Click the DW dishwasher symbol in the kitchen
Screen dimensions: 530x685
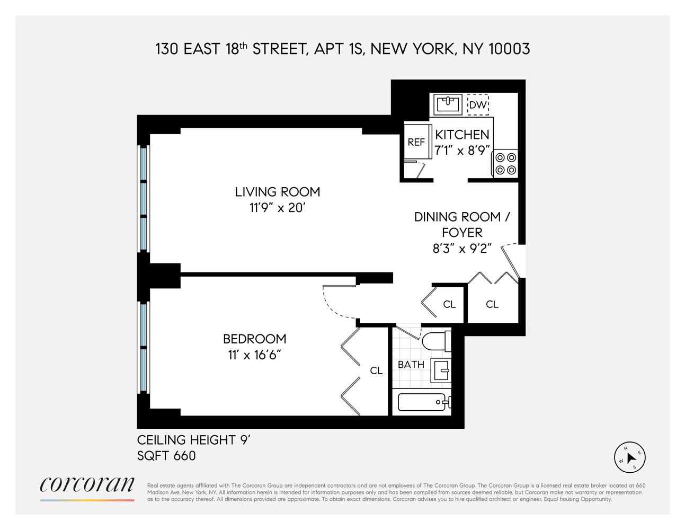[x=478, y=105]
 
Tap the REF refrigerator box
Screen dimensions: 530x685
[x=416, y=142]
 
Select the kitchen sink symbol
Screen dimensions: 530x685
[x=447, y=104]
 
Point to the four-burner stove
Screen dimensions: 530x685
[x=505, y=163]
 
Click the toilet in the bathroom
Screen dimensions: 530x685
[x=437, y=341]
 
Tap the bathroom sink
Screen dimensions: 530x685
[x=441, y=370]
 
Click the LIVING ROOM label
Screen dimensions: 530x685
[x=278, y=192]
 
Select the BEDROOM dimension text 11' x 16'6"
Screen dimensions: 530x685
[x=254, y=355]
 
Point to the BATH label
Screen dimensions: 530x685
[x=411, y=365]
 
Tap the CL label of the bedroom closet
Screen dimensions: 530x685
[x=376, y=371]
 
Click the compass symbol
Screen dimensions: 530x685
[x=629, y=457]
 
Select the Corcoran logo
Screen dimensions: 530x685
[x=87, y=485]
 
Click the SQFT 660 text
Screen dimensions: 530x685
[x=166, y=456]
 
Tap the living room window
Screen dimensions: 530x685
[x=143, y=199]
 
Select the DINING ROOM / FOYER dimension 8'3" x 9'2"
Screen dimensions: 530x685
[x=462, y=248]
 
